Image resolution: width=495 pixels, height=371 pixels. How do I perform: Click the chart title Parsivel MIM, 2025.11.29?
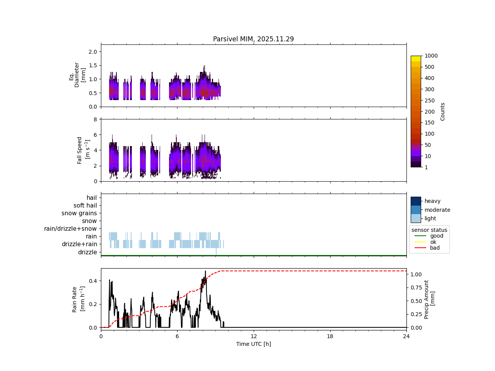tap(253, 39)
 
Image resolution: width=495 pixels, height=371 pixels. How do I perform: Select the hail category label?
tap(92, 198)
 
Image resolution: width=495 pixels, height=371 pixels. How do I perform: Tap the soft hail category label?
tap(85, 206)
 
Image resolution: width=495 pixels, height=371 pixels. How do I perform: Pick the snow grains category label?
tap(79, 213)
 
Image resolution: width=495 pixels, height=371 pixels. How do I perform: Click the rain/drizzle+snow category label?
tap(70, 229)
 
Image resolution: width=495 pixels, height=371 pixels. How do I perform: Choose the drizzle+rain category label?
tap(79, 244)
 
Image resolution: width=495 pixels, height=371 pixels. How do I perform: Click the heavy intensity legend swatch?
tap(416, 201)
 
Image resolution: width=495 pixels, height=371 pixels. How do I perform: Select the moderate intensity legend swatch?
tap(416, 210)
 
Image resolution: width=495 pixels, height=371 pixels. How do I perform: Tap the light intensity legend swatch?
tap(416, 218)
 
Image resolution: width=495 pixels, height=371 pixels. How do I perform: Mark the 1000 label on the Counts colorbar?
tap(431, 56)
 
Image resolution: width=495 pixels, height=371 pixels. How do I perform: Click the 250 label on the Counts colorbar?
tap(429, 100)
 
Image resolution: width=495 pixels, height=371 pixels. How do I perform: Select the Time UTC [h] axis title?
tap(253, 344)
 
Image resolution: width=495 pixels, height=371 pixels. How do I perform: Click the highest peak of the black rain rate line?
tap(205, 271)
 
